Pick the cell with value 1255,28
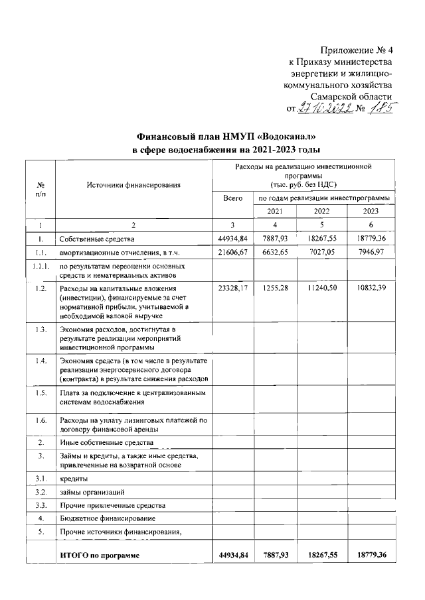coord(272,289)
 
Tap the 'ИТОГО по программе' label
coord(100,555)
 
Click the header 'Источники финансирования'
coord(133,185)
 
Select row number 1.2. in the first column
coord(41,289)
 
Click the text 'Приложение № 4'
coord(357,50)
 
